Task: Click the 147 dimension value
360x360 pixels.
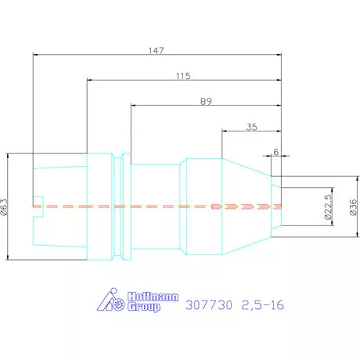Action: [x=156, y=50]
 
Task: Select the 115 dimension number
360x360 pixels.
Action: [x=183, y=76]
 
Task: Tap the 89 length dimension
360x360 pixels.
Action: [x=206, y=101]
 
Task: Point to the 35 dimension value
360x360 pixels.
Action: [x=252, y=127]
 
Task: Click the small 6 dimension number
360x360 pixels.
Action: [x=276, y=152]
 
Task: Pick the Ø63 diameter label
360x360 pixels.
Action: [x=5, y=207]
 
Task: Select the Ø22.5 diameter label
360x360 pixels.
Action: [x=328, y=207]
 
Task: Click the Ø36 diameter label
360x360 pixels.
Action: [x=353, y=207]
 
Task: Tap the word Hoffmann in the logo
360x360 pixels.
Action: [x=153, y=297]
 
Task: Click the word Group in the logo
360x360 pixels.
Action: [x=144, y=307]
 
